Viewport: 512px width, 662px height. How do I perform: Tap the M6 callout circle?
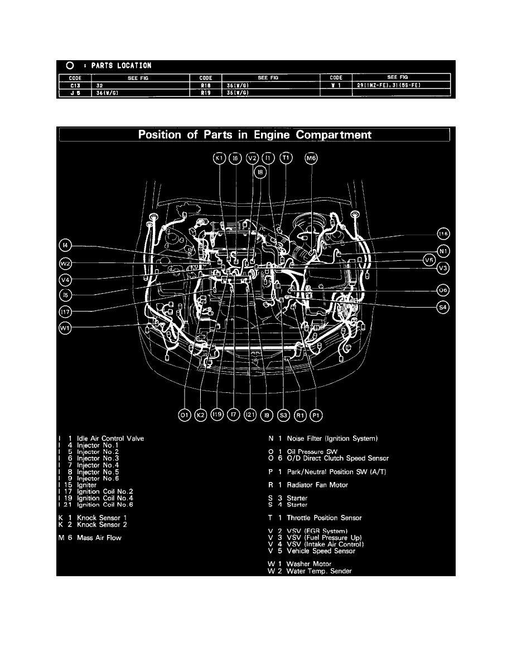[311, 159]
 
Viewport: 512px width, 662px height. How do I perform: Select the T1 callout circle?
[286, 159]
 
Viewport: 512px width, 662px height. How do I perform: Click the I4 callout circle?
[65, 245]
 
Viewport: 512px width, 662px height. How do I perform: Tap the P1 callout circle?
[316, 415]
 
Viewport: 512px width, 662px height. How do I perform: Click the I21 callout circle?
[250, 415]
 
